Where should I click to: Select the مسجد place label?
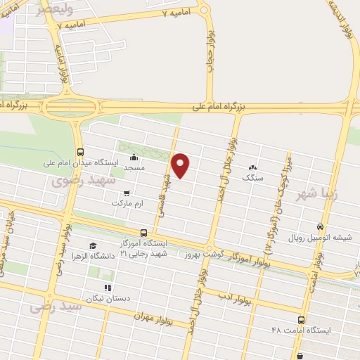pos(134,169)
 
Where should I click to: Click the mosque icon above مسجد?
pos(134,157)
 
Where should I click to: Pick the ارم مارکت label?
pos(127,203)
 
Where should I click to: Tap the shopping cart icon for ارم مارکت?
pos(127,193)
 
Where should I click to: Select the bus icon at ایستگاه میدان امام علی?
pos(80,152)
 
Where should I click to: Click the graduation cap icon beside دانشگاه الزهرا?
pos(93,245)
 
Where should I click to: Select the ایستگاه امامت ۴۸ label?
pos(296,329)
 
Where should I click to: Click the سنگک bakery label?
pos(252,179)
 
